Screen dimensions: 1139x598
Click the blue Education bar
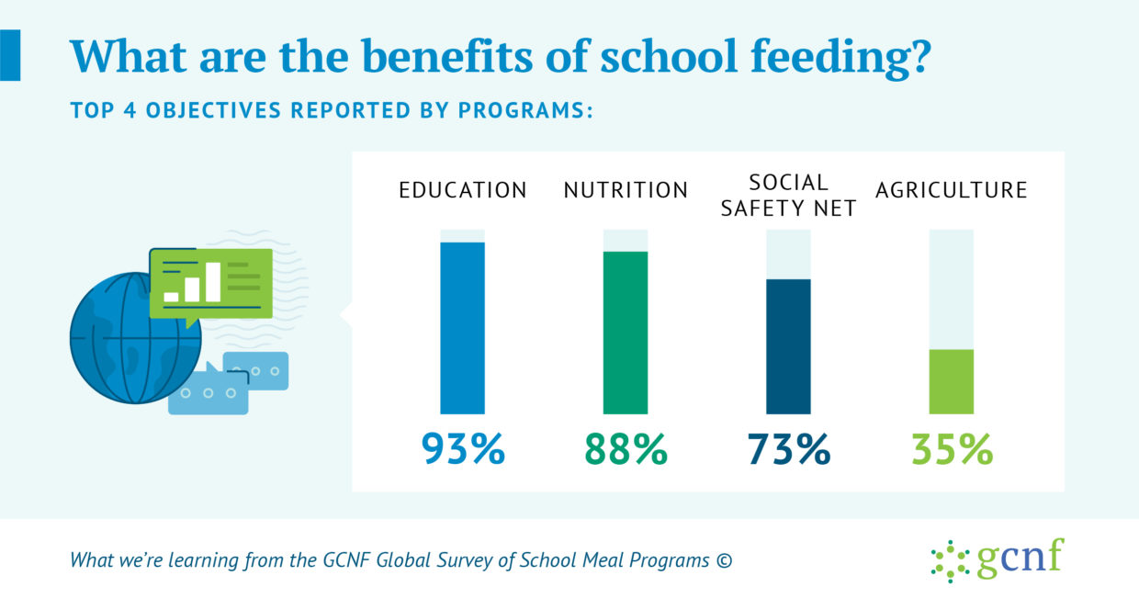tap(462, 328)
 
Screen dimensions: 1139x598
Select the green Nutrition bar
tap(626, 333)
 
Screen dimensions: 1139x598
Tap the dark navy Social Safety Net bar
tap(789, 346)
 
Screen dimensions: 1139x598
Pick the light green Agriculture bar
tap(952, 381)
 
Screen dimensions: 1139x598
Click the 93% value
tap(463, 449)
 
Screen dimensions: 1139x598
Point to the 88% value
tap(626, 449)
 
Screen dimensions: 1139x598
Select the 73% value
tap(789, 449)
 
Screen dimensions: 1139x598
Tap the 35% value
tap(952, 449)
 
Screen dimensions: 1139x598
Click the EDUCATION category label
tap(463, 190)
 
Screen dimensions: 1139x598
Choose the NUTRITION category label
tap(626, 190)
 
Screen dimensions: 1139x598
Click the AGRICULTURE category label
tap(952, 190)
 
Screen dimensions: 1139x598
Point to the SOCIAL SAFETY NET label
tap(789, 196)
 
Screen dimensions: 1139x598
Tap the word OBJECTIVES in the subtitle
tap(213, 110)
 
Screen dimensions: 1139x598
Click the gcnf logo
tap(998, 559)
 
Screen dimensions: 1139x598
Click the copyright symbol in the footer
tap(724, 560)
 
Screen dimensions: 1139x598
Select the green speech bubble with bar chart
tap(210, 285)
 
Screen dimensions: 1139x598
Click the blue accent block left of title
tap(10, 55)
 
